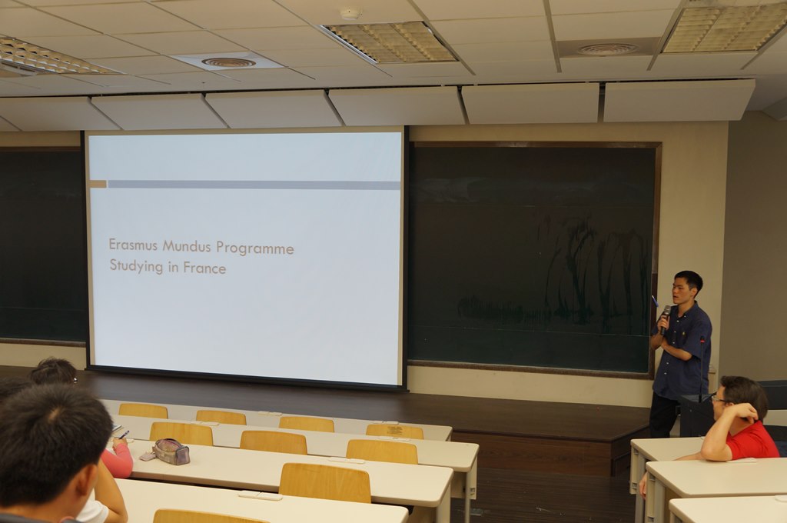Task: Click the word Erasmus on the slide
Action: click(133, 245)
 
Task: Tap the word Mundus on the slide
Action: click(187, 246)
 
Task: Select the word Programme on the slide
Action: click(255, 248)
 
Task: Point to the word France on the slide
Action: click(204, 268)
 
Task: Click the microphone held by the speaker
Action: click(665, 318)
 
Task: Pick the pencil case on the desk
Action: click(170, 451)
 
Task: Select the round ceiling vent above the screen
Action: click(228, 62)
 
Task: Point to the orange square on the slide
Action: click(98, 184)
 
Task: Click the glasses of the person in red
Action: click(721, 400)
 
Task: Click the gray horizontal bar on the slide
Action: click(254, 185)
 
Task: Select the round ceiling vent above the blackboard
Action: click(607, 49)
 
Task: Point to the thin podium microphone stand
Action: click(701, 367)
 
